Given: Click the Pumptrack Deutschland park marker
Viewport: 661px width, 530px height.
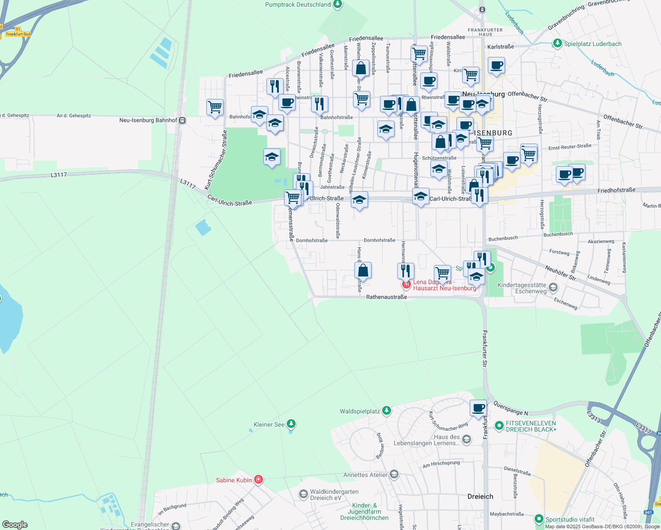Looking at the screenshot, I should pyautogui.click(x=338, y=4).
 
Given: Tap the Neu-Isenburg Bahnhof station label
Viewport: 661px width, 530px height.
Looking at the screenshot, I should pyautogui.click(x=148, y=120).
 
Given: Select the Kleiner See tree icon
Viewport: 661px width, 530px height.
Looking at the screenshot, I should pyautogui.click(x=291, y=424).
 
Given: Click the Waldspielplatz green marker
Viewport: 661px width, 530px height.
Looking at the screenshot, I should pyautogui.click(x=387, y=411).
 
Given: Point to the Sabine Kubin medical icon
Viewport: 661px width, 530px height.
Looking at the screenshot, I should pyautogui.click(x=258, y=480).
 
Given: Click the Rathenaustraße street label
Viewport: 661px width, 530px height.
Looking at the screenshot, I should pyautogui.click(x=386, y=297).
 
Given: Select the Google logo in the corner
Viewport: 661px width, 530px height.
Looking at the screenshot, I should pyautogui.click(x=15, y=525).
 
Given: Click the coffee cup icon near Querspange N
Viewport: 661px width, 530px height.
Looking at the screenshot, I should pyautogui.click(x=478, y=408).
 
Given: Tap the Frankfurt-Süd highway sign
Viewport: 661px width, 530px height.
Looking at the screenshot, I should pyautogui.click(x=18, y=34).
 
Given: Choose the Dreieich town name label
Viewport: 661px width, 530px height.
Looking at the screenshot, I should pyautogui.click(x=480, y=496).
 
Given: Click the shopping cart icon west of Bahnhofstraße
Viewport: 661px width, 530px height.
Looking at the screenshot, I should pyautogui.click(x=215, y=107).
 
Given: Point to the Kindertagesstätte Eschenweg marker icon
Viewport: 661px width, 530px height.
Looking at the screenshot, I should pyautogui.click(x=553, y=288).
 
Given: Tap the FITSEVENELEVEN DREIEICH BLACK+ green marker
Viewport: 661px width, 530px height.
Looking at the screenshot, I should pyautogui.click(x=499, y=426).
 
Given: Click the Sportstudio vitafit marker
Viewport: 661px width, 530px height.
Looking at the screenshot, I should pyautogui.click(x=539, y=519).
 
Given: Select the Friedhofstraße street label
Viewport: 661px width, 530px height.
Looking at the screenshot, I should pyautogui.click(x=616, y=190).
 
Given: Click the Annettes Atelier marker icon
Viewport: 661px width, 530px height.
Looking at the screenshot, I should pyautogui.click(x=394, y=475).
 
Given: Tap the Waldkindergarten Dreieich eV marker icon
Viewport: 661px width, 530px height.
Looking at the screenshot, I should pyautogui.click(x=303, y=494).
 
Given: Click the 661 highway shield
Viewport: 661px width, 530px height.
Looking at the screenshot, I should pyautogui.click(x=648, y=512).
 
